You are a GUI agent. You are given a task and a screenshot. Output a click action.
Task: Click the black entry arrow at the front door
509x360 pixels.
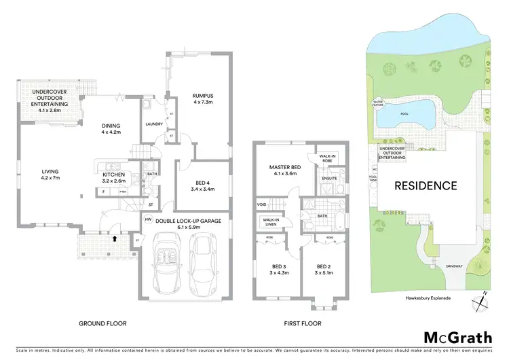115,238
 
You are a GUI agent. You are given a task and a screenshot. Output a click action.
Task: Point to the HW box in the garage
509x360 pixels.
148,219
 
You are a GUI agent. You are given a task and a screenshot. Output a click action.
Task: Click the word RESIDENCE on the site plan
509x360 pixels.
426,185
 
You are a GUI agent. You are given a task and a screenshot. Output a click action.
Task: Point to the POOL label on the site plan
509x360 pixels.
405,115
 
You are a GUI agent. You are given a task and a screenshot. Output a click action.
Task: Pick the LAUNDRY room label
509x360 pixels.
155,123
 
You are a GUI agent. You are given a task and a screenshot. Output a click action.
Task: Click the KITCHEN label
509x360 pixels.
113,175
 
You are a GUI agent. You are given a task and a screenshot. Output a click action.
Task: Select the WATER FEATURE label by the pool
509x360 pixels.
377,104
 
